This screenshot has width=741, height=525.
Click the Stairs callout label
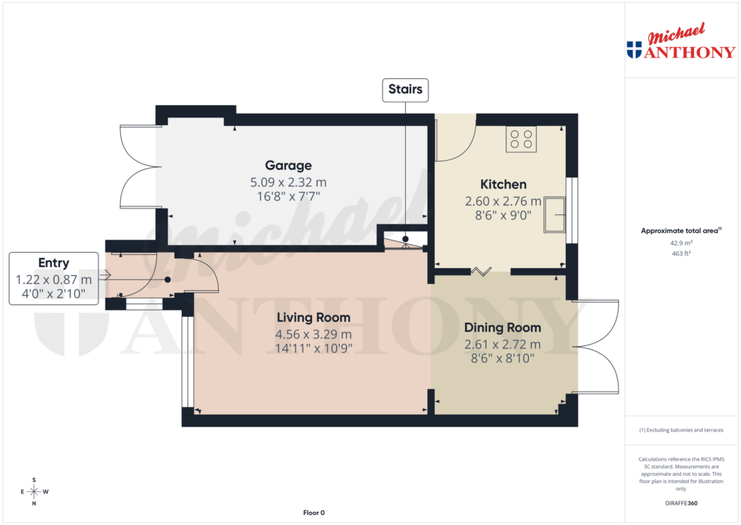click(x=406, y=91)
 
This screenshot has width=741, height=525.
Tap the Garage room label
click(x=288, y=166)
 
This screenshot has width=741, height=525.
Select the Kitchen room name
click(x=503, y=184)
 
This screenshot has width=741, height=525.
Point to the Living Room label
click(x=313, y=317)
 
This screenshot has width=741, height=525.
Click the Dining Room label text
click(x=502, y=327)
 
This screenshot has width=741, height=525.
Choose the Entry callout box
click(x=54, y=278)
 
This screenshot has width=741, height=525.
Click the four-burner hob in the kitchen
click(x=521, y=139)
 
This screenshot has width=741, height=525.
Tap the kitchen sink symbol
click(x=555, y=214)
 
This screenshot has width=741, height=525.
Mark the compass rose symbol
click(x=33, y=492)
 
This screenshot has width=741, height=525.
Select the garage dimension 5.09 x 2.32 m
click(x=288, y=182)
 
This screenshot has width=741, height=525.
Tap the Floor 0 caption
click(x=313, y=513)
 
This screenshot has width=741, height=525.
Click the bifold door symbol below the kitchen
click(x=480, y=272)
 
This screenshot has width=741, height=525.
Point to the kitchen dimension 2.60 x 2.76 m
click(x=503, y=201)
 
